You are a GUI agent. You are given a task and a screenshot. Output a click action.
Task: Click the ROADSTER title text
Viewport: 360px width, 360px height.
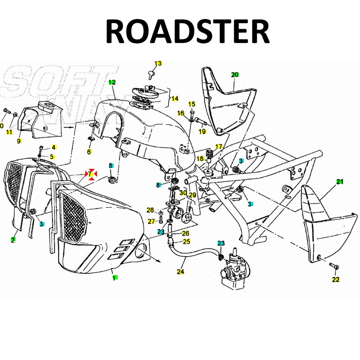pos(187,32)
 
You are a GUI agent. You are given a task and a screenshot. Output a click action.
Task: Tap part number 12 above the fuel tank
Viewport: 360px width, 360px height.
pos(112,82)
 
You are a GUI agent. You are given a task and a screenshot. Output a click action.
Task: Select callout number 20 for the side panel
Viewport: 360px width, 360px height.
pos(235,75)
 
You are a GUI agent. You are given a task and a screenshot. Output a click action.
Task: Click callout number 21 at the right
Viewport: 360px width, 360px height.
pos(339,181)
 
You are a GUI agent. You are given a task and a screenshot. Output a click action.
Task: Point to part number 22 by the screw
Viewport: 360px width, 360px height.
pos(336,279)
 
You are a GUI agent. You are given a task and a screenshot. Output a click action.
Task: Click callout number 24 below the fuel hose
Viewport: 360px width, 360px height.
pos(180,272)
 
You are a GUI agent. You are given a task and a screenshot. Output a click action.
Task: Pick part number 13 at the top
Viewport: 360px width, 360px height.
pos(158,63)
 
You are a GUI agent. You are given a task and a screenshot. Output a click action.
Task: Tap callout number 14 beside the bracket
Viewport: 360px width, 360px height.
pos(175,99)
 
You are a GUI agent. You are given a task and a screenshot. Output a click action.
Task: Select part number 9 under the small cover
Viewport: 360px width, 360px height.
pos(19,141)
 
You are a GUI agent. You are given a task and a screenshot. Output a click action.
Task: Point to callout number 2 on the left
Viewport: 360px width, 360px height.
pos(13,240)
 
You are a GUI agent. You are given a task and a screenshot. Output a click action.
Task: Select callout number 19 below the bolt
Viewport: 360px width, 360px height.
pos(202,132)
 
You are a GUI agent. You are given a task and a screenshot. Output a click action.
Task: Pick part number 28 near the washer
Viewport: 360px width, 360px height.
pos(150,210)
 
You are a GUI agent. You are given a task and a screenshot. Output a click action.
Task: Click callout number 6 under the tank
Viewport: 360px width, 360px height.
pos(89,152)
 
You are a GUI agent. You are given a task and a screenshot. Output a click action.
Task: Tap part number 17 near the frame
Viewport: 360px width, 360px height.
pos(219,146)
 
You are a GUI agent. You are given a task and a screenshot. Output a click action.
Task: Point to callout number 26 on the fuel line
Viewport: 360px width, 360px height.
pos(186,233)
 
